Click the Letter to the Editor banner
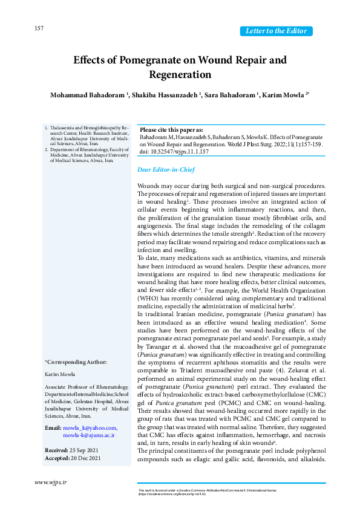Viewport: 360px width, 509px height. (x=277, y=31)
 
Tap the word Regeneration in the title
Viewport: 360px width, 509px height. (x=180, y=75)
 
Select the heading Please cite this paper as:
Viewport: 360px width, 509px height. (x=171, y=130)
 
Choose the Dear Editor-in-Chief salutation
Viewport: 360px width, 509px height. (x=162, y=170)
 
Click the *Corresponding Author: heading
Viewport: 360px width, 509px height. (x=76, y=361)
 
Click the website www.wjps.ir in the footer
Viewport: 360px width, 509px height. (x=51, y=482)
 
